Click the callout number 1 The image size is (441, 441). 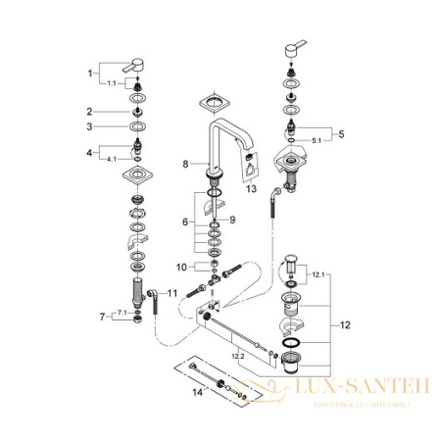(x=91, y=73)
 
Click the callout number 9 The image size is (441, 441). (x=232, y=220)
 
